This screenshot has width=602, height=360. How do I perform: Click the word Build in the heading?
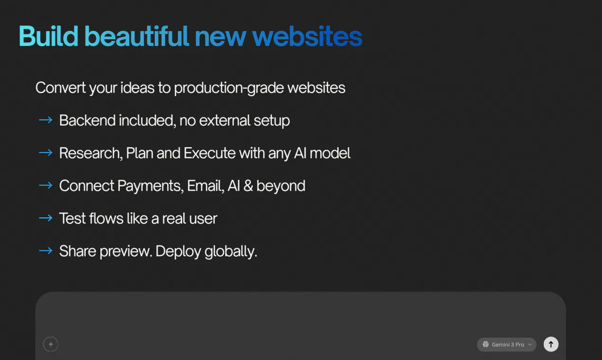[48, 36]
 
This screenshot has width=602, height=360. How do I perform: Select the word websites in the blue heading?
[307, 36]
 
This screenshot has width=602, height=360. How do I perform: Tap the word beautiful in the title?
[137, 36]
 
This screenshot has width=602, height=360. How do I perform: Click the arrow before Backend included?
[46, 120]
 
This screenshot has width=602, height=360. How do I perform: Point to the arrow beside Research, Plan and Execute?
[46, 153]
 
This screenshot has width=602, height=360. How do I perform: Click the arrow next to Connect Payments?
[46, 185]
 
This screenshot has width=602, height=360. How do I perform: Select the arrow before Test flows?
[46, 218]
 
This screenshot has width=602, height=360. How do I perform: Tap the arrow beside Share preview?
[46, 251]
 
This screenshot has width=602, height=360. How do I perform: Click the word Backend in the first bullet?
[87, 120]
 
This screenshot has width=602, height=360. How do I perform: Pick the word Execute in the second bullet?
[210, 153]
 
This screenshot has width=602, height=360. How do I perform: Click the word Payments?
[151, 186]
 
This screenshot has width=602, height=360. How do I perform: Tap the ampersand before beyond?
[248, 186]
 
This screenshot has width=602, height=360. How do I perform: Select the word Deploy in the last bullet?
[178, 252]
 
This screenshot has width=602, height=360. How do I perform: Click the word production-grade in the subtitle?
[229, 88]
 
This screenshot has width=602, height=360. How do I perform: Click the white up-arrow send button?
[551, 344]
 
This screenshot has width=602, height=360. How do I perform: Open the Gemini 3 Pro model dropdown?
[507, 344]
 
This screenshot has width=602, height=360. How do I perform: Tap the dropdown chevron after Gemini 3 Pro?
[529, 345]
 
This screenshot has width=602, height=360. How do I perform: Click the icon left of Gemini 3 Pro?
[486, 344]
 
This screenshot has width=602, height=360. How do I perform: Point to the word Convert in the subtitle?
[61, 88]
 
